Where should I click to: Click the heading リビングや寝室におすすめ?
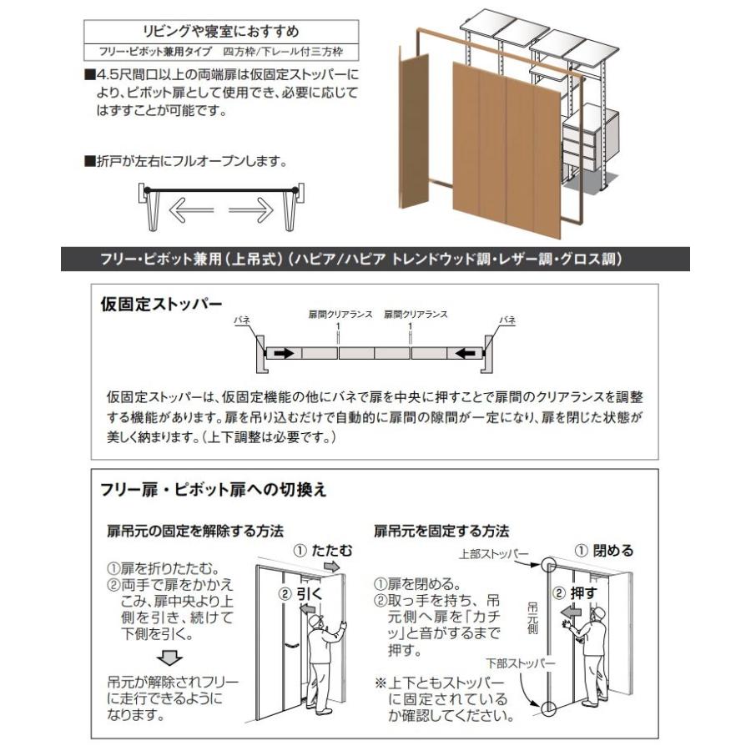[222, 33]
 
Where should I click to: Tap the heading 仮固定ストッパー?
[162, 303]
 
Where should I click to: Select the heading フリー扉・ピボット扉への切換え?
[214, 490]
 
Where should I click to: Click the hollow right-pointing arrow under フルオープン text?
[251, 210]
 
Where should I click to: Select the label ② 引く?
[300, 594]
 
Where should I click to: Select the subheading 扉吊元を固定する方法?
[441, 531]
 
